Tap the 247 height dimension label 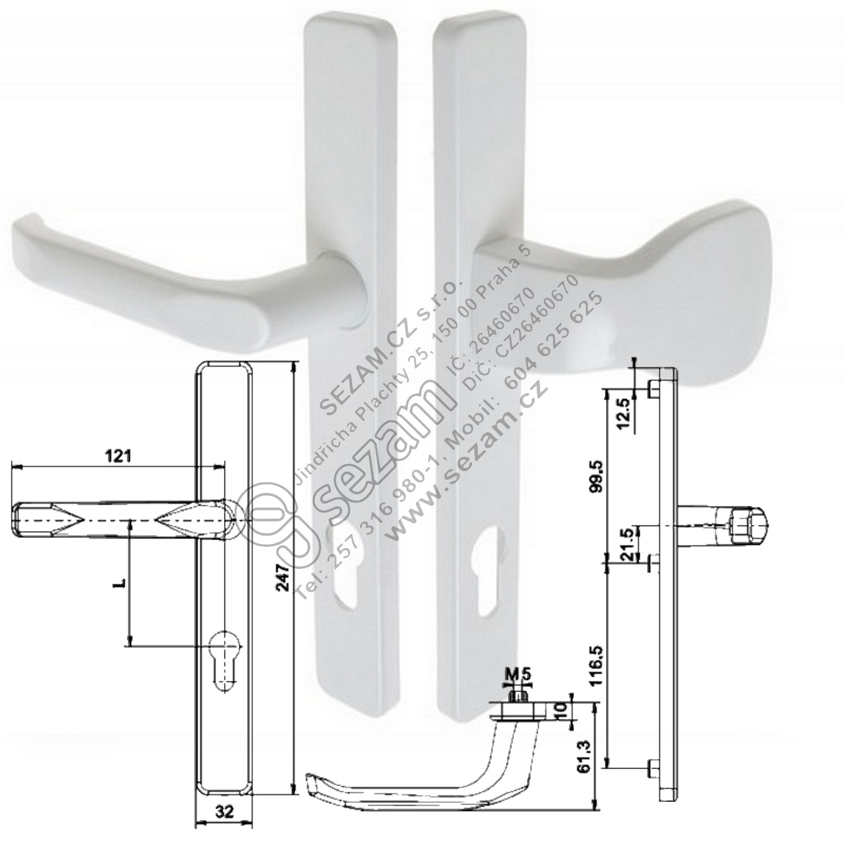coord(285,577)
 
